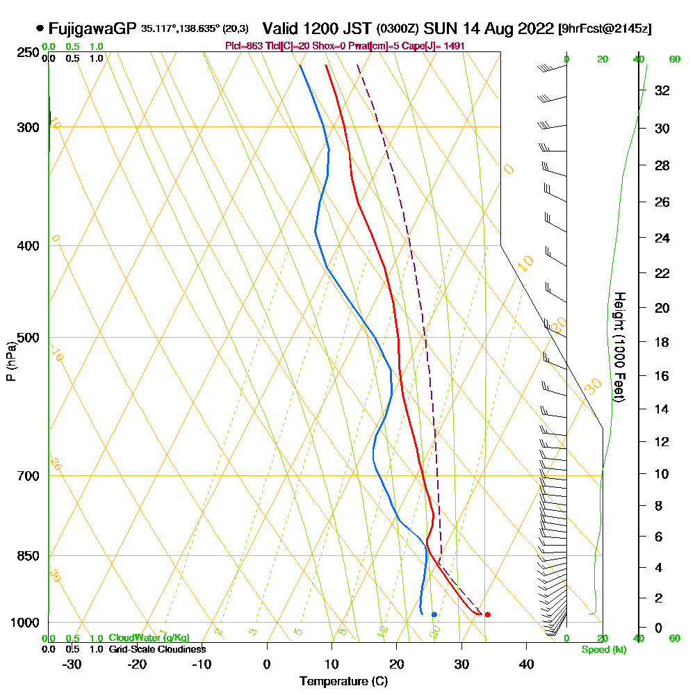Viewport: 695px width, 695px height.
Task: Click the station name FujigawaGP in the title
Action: point(92,29)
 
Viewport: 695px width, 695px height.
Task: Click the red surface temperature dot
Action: point(487,614)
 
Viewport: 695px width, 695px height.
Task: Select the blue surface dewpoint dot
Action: point(434,614)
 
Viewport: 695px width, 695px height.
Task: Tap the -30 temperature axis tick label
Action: point(72,664)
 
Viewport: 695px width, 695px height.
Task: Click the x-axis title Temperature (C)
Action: point(343,682)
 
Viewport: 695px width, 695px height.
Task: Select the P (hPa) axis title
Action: point(10,361)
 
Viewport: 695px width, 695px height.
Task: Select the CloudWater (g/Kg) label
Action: point(149,638)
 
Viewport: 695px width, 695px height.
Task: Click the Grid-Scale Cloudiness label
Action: point(156,649)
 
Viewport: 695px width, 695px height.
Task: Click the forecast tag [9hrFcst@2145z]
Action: point(604,29)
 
